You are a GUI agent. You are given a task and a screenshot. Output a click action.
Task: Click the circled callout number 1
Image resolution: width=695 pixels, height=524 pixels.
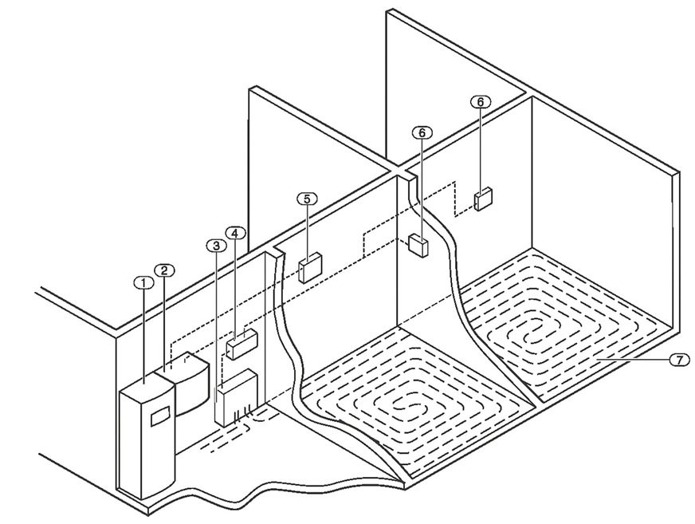click(x=142, y=282)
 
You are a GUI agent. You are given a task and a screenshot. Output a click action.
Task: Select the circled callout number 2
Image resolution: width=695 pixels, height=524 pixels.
click(x=163, y=270)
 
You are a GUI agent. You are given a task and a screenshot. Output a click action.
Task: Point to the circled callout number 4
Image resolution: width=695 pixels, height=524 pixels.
click(x=234, y=232)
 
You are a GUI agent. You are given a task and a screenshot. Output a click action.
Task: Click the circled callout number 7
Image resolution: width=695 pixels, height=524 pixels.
click(x=675, y=360)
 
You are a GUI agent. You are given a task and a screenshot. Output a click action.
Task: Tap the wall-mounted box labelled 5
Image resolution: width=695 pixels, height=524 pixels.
click(x=309, y=266)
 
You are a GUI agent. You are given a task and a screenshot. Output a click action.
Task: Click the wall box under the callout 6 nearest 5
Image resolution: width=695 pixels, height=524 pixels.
click(x=417, y=244)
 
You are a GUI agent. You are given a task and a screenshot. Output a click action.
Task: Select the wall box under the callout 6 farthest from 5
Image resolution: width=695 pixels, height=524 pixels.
click(x=482, y=199)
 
